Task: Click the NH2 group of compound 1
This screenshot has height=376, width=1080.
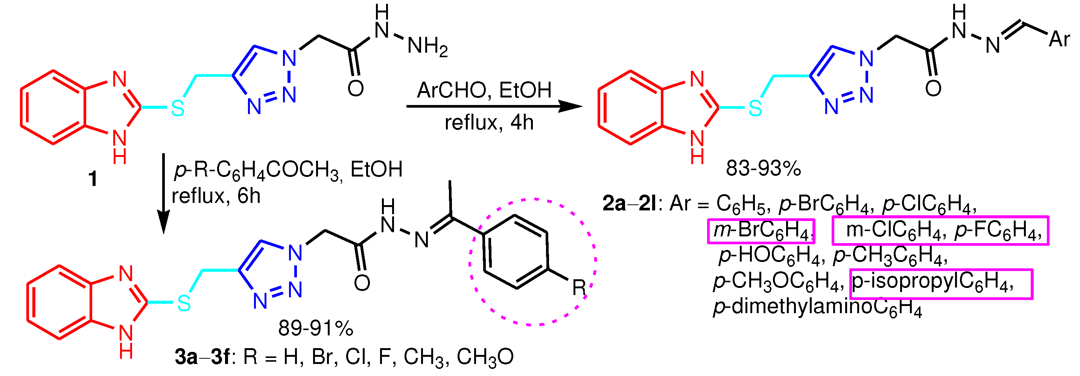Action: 427,46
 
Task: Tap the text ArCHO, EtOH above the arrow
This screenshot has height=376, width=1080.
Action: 484,90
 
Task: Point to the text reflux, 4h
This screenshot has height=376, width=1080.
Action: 489,123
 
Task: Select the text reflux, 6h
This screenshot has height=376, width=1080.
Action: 216,196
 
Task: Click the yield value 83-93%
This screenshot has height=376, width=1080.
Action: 763,169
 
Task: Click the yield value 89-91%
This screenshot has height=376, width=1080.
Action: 316,328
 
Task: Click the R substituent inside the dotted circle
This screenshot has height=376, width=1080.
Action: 579,288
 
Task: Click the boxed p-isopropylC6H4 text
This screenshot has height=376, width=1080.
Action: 941,283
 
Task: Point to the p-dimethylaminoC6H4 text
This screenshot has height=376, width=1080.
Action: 818,307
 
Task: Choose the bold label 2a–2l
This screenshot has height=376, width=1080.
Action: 629,204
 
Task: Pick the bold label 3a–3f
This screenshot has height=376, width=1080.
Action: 202,358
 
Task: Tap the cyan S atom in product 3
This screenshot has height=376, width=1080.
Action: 184,303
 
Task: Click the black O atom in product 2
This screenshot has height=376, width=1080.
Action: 933,88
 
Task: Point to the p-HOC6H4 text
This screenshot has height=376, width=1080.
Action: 769,256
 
